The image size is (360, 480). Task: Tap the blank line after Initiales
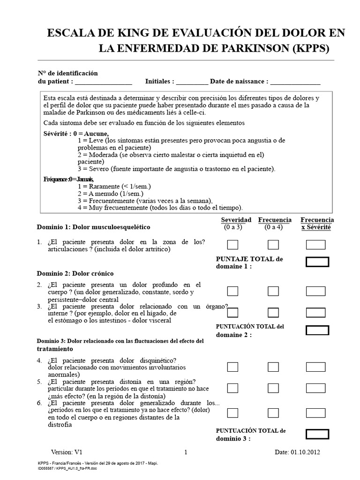click(192, 82)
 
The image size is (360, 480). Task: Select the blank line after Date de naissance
click(295, 82)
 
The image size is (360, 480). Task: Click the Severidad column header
click(236, 220)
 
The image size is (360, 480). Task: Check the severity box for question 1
click(232, 245)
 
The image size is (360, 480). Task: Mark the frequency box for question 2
click(273, 291)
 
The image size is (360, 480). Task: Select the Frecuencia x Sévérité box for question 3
click(315, 312)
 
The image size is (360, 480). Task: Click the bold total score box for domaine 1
click(317, 262)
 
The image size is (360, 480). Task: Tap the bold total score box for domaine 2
click(317, 330)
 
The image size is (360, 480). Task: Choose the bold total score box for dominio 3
click(317, 434)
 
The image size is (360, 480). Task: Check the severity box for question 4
click(232, 367)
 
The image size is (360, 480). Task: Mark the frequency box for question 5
click(273, 388)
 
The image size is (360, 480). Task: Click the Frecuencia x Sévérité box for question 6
click(315, 412)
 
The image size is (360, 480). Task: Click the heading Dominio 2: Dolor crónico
click(75, 273)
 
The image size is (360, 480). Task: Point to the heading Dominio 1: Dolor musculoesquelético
click(93, 227)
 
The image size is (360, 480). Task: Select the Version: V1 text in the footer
click(67, 452)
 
